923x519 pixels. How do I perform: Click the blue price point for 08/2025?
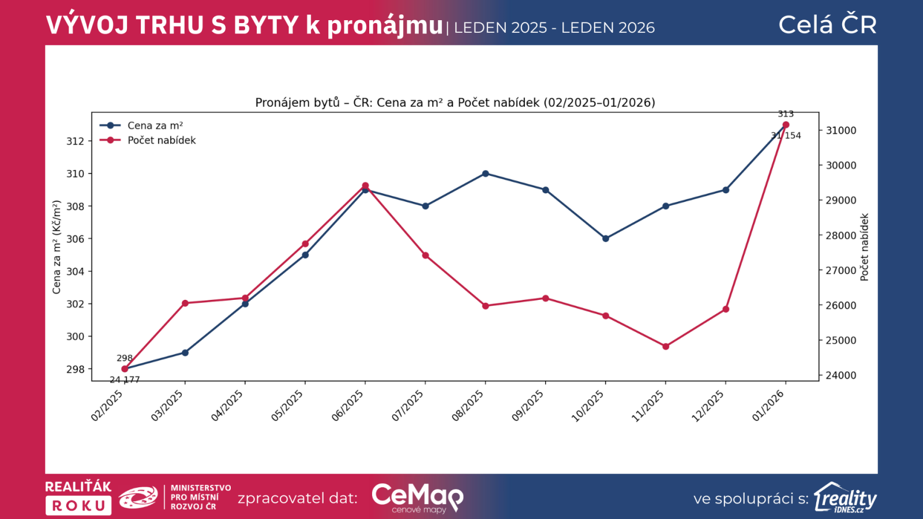[485, 174]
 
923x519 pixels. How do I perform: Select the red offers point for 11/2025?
[666, 347]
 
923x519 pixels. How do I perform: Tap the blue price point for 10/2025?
[606, 238]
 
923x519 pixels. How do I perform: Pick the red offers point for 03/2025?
[185, 303]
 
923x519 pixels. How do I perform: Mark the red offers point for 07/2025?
[426, 255]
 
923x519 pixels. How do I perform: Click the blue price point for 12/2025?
[726, 190]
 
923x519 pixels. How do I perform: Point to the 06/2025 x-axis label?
[348, 405]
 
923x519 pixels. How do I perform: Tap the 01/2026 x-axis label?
[768, 405]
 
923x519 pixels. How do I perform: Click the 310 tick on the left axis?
[75, 174]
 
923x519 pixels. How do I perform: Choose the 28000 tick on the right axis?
[841, 235]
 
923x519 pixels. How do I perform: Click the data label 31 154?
[786, 136]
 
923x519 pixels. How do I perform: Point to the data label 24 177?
[125, 379]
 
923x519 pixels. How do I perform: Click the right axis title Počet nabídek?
[864, 247]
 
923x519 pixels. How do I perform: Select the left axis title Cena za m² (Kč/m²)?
[57, 247]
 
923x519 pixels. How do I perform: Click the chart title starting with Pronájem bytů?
[455, 103]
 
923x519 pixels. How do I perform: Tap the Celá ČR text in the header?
[827, 25]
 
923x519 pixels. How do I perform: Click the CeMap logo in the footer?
[417, 497]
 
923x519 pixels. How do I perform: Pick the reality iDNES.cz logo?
[845, 498]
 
